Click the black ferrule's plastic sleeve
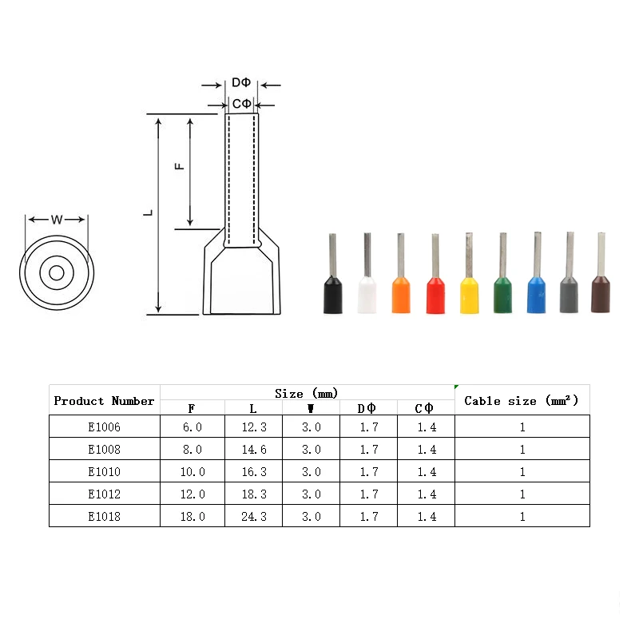click(x=333, y=295)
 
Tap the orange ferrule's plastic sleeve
click(x=401, y=295)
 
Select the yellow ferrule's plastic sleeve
click(x=469, y=295)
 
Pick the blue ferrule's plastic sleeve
click(x=536, y=295)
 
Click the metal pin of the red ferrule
click(x=435, y=256)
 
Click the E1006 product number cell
click(x=105, y=427)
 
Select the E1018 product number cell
click(x=105, y=516)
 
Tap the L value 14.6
click(x=254, y=450)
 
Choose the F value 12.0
click(x=192, y=494)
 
